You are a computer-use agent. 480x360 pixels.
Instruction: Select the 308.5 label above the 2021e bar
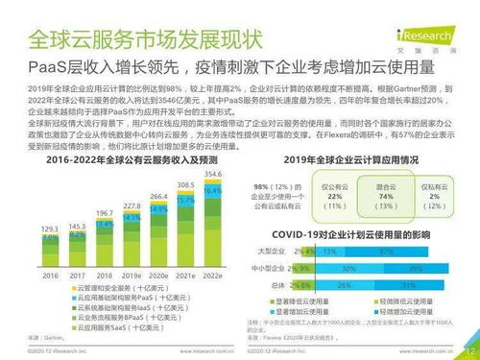coord(186,184)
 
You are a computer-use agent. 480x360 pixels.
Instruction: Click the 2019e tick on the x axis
coord(131,275)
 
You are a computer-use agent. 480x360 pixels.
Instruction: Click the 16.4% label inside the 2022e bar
coord(213,191)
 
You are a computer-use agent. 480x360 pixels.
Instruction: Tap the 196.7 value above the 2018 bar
coord(104,212)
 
